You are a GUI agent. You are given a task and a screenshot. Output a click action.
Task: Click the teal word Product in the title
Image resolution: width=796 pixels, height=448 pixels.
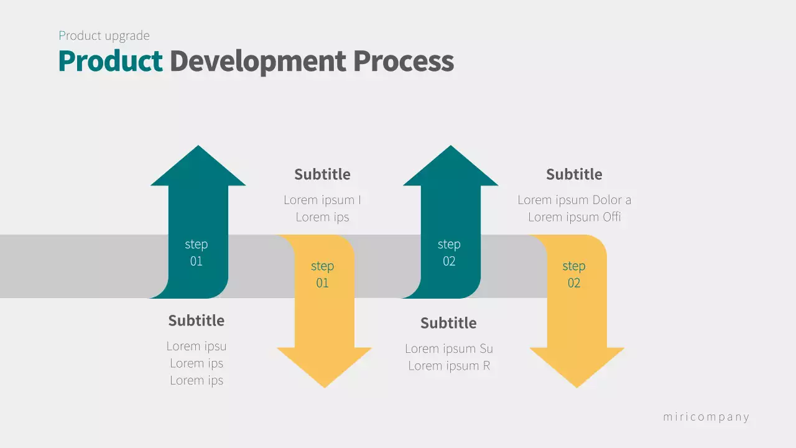coord(110,61)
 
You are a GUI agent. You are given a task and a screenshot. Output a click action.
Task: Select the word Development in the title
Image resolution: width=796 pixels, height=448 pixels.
coord(257,61)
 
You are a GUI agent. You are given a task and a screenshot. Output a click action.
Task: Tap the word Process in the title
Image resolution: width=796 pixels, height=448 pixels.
coord(404,61)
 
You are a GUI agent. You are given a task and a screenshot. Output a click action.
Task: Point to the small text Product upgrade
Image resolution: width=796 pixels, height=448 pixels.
coord(104,35)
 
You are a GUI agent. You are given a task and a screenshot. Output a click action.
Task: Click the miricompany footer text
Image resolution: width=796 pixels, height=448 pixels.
coord(706,417)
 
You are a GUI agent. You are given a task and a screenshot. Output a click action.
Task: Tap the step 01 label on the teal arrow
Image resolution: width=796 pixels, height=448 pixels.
coord(197,253)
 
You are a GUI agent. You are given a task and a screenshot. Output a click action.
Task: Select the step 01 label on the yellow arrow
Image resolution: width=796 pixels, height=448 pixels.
coord(322,274)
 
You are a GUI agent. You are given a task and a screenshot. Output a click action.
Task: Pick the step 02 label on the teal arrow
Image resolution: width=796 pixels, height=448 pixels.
coord(449,253)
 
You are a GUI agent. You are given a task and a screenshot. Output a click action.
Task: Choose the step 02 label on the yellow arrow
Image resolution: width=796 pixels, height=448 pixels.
coord(573,274)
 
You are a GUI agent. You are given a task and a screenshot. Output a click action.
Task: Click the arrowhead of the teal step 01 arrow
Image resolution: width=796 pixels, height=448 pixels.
coord(198,168)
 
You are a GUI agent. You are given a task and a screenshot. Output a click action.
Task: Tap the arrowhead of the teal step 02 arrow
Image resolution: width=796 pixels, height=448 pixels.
coord(451,168)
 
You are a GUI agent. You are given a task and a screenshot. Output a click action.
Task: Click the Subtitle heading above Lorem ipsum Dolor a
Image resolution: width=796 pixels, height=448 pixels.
coord(574,174)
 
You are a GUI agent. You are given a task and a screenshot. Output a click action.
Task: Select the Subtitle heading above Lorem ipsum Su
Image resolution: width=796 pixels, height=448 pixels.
coord(448,323)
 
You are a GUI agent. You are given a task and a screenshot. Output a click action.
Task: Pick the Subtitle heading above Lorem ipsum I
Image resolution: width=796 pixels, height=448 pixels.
coord(322,174)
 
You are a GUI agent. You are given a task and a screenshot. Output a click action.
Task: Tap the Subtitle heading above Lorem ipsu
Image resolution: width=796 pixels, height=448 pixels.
coord(196,320)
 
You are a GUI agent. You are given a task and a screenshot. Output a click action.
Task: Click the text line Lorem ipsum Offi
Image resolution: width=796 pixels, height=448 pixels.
coord(575,217)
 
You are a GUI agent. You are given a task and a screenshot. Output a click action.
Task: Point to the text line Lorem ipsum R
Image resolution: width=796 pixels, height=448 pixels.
coord(449,366)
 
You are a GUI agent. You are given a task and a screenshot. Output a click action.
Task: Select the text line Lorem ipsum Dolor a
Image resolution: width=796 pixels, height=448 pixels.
coord(574,200)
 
